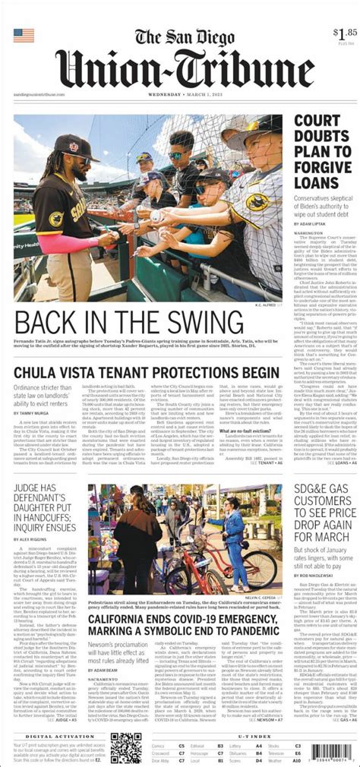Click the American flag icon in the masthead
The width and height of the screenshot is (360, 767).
pos(24,36)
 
